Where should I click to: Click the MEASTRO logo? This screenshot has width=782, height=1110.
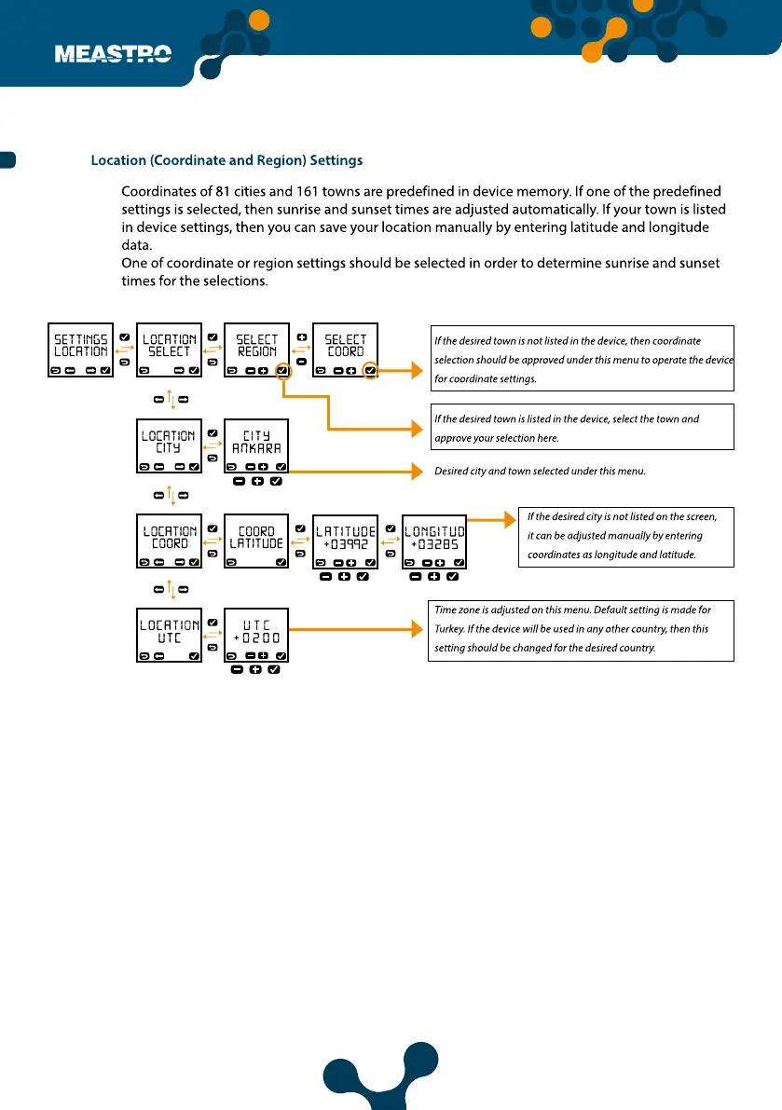113,54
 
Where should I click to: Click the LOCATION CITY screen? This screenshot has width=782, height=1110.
169,445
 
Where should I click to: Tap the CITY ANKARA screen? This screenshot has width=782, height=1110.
256,445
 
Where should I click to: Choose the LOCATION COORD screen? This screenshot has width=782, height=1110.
169,541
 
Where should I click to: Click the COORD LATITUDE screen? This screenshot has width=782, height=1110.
256,541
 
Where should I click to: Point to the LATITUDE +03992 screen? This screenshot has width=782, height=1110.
345,541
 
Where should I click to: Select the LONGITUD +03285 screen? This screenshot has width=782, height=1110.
433,541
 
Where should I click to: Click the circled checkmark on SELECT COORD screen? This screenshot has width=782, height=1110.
370,371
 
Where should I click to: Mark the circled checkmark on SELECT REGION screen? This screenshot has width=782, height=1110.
282,371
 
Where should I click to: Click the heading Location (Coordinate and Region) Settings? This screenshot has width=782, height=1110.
226,161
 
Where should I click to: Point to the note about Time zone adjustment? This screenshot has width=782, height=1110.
581,629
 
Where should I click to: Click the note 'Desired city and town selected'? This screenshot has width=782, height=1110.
540,472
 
